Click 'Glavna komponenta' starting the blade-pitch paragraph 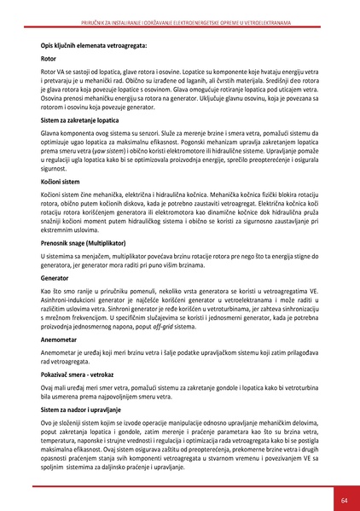(x=70, y=134)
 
